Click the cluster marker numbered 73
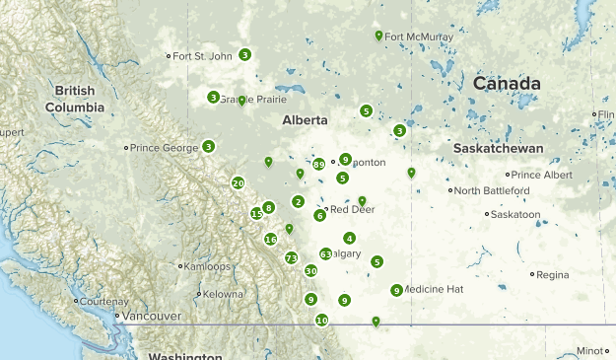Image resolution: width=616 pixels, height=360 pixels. [x=291, y=258]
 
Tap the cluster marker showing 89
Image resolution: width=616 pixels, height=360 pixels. [x=318, y=165]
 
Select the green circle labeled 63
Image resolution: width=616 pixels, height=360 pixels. [x=325, y=253]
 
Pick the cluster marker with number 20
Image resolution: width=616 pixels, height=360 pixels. [x=238, y=182]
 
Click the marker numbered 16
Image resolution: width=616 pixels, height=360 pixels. [x=271, y=239]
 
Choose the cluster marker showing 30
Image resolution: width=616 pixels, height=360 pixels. [x=310, y=270]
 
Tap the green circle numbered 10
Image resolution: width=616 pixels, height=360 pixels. [x=321, y=320]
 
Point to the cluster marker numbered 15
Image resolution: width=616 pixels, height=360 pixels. [x=256, y=213]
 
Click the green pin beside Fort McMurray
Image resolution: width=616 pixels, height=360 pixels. [x=378, y=36]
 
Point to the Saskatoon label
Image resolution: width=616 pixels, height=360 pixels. [x=514, y=213]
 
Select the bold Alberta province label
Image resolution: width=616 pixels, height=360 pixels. [x=304, y=119]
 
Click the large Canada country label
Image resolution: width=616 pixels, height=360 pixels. [x=506, y=84]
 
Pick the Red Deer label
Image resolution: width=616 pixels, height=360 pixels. [x=352, y=209]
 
